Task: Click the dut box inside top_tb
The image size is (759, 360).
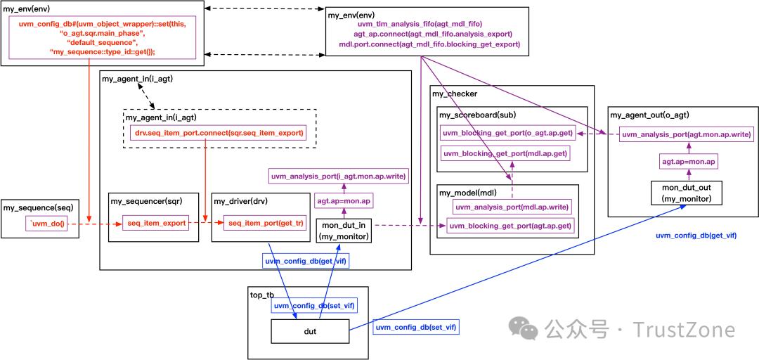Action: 310,331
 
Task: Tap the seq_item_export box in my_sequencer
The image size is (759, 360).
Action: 156,224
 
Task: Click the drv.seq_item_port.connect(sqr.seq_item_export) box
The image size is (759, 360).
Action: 219,132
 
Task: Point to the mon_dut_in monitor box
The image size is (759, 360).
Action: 344,231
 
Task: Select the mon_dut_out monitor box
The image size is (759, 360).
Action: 687,193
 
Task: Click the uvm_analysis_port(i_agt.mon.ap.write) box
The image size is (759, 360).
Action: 339,176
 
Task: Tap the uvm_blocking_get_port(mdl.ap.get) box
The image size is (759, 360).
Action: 505,153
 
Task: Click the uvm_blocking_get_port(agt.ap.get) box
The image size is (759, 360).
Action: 511,226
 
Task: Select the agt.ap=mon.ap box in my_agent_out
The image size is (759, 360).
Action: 687,162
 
